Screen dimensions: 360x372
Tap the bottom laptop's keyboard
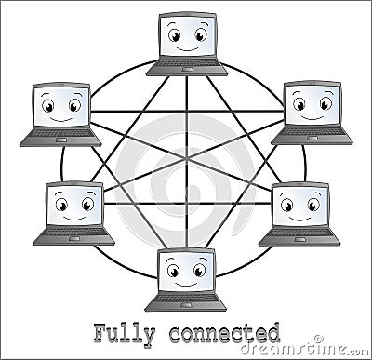pos(186,300)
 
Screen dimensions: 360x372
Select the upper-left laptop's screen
pos(61,105)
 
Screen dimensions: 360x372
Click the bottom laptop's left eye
pos(174,271)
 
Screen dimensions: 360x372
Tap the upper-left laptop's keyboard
pos(60,135)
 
